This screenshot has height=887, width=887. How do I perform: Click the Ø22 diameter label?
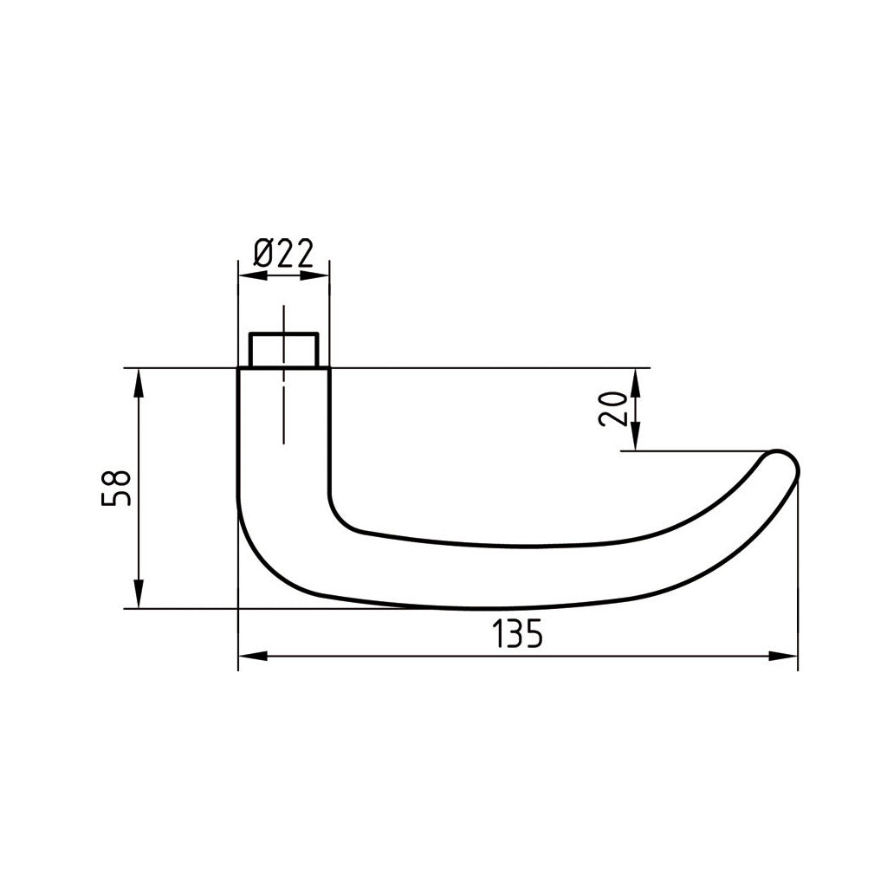[x=283, y=254]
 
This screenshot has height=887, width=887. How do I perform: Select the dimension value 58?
[x=116, y=488]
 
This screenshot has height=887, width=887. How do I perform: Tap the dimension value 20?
[x=612, y=409]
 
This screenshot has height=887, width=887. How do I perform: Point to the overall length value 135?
[x=517, y=634]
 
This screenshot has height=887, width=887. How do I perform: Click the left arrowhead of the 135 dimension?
[x=252, y=657]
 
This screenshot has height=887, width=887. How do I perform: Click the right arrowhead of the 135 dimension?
[x=783, y=657]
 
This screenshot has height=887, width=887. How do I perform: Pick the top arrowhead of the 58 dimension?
[x=138, y=383]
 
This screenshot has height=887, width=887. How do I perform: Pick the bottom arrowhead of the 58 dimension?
[x=138, y=593]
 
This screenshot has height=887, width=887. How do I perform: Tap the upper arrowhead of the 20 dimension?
[x=636, y=383]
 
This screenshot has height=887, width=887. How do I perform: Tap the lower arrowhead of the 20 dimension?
[x=636, y=437]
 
